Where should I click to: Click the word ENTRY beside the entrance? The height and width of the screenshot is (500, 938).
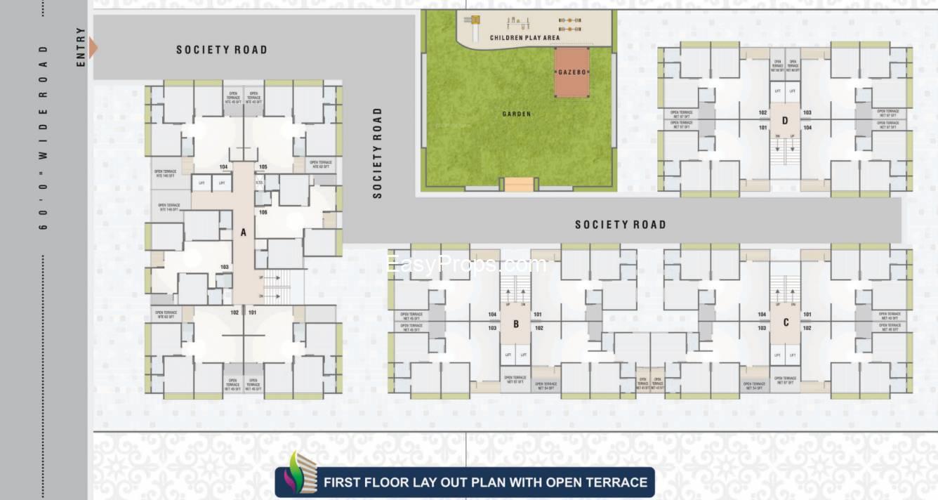tap(81, 48)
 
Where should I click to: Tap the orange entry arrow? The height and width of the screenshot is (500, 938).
tap(93, 48)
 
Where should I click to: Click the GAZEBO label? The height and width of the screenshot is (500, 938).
tap(572, 72)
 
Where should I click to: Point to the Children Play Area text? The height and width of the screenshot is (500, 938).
tap(524, 37)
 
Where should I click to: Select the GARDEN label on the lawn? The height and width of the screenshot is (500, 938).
tap(517, 114)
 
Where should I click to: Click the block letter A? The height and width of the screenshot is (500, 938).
tap(244, 232)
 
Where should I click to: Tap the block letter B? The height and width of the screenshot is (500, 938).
tap(516, 324)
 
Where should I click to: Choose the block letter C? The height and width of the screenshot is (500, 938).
tap(786, 323)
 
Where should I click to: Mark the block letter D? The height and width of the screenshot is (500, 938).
tap(785, 121)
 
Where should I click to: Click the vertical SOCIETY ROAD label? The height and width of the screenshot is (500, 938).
tap(378, 153)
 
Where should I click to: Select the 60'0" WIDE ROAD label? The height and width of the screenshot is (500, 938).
tap(44, 138)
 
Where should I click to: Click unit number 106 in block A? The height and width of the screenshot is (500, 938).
tap(263, 212)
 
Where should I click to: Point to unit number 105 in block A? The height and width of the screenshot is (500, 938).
tap(263, 167)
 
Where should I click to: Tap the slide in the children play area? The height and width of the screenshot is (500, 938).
tap(475, 25)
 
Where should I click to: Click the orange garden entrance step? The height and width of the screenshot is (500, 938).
tap(519, 185)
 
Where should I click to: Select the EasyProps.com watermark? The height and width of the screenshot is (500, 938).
tap(466, 265)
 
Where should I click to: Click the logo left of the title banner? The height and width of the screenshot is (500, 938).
tap(298, 474)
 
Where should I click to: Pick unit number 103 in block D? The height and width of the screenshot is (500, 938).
tap(807, 112)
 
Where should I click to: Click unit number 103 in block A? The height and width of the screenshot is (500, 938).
tap(225, 268)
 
